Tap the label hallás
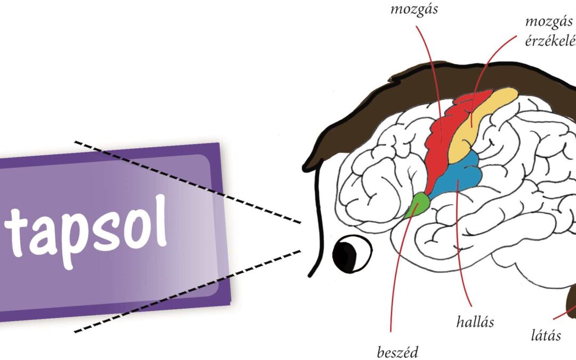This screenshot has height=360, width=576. pos(475,322)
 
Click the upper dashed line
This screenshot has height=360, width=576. pos(187,181)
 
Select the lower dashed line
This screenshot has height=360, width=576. pos(187,290)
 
